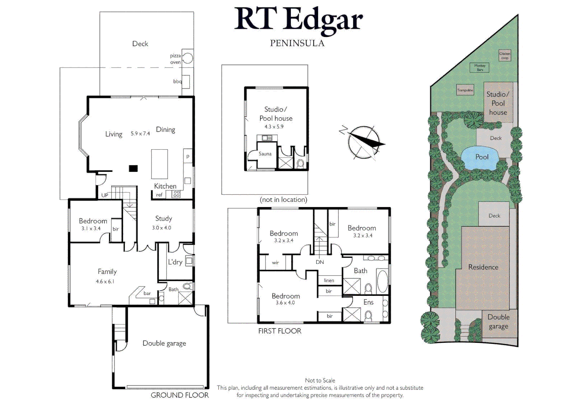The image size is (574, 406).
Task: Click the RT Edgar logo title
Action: [298, 20]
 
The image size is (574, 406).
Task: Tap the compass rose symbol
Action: [363, 142]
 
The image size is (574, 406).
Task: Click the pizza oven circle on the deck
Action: [188, 58]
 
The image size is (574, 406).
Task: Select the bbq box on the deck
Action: [186, 82]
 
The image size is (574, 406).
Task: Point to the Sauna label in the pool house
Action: [265, 154]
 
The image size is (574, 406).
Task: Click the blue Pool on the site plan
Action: [482, 157]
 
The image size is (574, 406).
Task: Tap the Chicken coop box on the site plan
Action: [504, 56]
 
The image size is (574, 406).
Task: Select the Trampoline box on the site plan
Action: [465, 90]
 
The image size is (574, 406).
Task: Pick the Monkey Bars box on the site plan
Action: [480, 68]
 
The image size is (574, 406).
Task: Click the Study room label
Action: [164, 218]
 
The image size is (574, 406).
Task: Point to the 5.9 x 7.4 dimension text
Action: [140, 133]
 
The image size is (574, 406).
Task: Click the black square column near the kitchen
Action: [133, 168]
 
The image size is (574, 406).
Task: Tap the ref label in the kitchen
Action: [159, 195]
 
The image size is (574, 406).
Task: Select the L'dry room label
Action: [175, 262]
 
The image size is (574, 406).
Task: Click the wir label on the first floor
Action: [276, 263]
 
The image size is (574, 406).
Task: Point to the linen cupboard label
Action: [329, 280]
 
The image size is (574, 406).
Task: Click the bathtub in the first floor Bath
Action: [382, 281]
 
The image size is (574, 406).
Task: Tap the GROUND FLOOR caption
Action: [180, 395]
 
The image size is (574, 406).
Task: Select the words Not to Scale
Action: [320, 380]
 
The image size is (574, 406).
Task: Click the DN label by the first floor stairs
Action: [320, 262]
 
